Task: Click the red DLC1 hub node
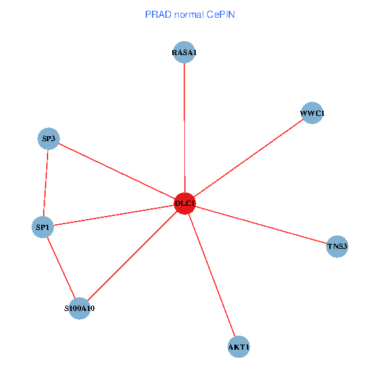point(184,203)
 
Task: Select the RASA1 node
point(184,53)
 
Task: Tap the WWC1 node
point(312,113)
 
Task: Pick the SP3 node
point(49,139)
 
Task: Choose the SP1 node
point(42,226)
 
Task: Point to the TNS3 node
point(337,246)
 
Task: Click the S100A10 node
point(80,308)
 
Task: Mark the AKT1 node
point(239,347)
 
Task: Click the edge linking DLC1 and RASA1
point(184,127)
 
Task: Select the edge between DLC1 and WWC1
point(248,158)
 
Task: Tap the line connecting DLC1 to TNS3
point(261,225)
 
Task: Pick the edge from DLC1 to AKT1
point(212,275)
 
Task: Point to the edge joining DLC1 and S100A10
point(132,256)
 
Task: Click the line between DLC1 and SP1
point(113,215)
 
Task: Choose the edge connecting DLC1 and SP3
point(117,171)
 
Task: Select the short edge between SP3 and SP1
point(46,182)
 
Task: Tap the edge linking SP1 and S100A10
point(61,267)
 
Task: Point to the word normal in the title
point(190,15)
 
